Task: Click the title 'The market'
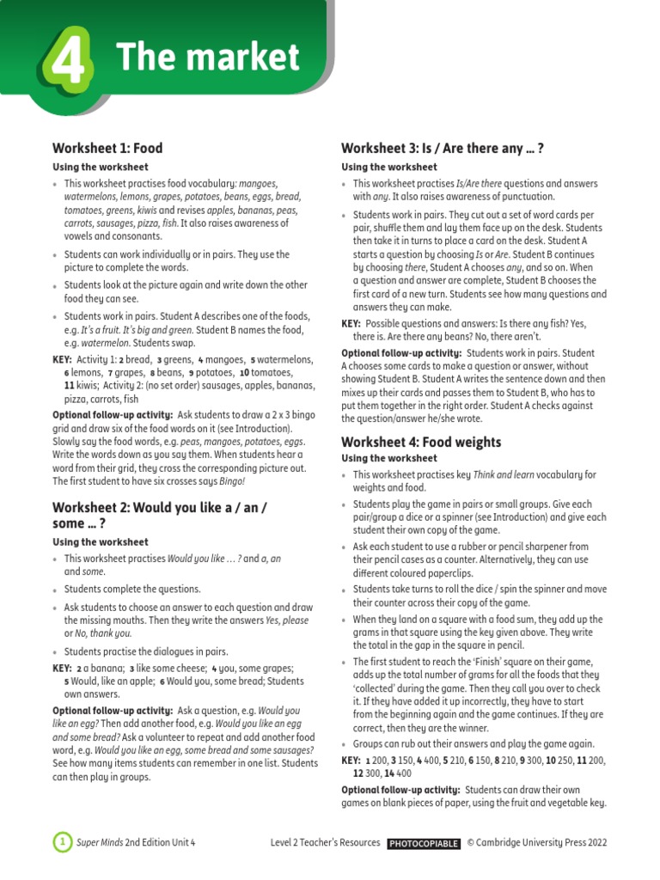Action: click(x=208, y=58)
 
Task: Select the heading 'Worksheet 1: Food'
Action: click(x=107, y=148)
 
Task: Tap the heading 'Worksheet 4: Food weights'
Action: click(x=420, y=442)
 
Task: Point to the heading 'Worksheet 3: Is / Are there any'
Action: click(x=443, y=148)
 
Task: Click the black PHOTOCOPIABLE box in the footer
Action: click(x=424, y=844)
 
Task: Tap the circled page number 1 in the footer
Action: click(x=62, y=843)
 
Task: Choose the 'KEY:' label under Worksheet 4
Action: click(x=351, y=761)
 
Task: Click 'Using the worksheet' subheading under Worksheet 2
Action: click(x=101, y=542)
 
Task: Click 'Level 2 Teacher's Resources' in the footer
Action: click(x=325, y=843)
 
